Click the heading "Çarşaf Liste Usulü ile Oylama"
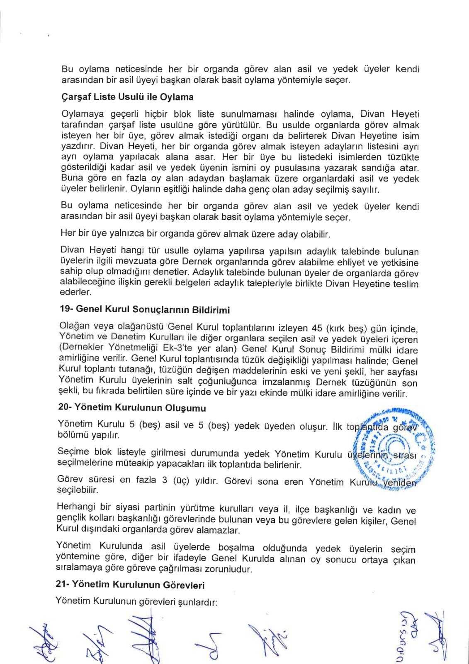pos(127,97)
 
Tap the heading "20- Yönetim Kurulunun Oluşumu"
pos(132,408)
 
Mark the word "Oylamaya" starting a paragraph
pos(80,114)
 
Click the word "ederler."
pos(75,292)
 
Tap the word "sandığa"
pos(382,168)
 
